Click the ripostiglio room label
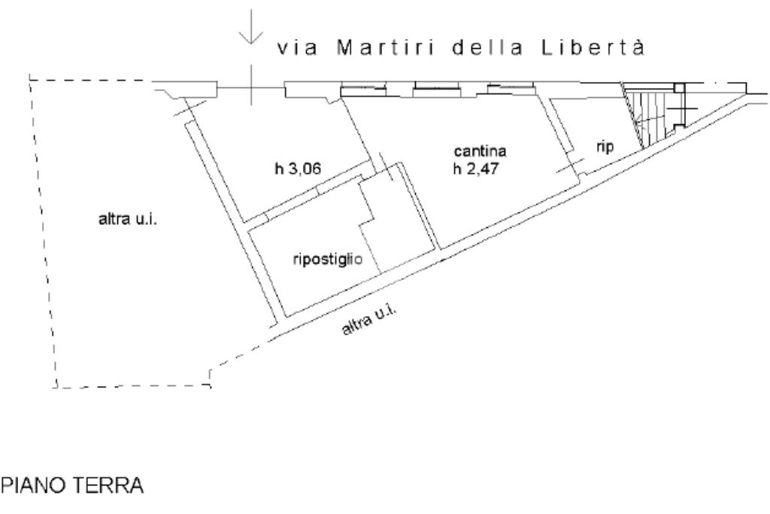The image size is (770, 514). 328,260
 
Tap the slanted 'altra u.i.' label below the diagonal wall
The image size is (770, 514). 369,322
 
